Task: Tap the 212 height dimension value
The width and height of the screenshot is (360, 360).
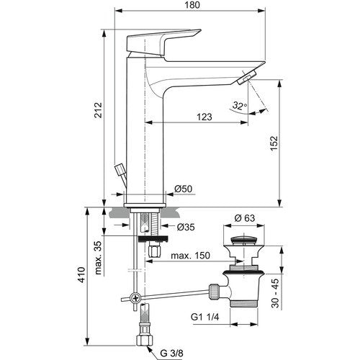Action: click(98, 110)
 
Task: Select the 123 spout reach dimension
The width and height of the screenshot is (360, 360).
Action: click(204, 117)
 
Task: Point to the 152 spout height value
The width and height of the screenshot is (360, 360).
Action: click(274, 143)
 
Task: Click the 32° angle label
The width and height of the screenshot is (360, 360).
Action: click(239, 106)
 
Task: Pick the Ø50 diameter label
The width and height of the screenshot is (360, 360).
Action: click(184, 189)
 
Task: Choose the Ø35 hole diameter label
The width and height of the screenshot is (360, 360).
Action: click(186, 227)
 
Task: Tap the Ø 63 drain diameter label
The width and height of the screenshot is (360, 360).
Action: click(245, 218)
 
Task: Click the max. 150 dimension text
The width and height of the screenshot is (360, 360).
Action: click(190, 256)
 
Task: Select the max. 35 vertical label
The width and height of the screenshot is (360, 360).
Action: click(98, 258)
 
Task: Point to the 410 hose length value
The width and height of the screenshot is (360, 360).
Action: click(82, 274)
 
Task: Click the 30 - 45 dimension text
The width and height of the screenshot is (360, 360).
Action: click(275, 293)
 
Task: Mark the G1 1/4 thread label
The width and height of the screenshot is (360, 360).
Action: click(205, 318)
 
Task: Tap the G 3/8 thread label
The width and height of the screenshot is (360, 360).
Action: click(171, 354)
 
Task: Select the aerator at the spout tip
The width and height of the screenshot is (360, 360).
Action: click(247, 77)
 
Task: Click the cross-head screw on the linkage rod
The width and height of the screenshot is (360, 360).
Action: click(135, 298)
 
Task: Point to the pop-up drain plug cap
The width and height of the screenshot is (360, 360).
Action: click(243, 240)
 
